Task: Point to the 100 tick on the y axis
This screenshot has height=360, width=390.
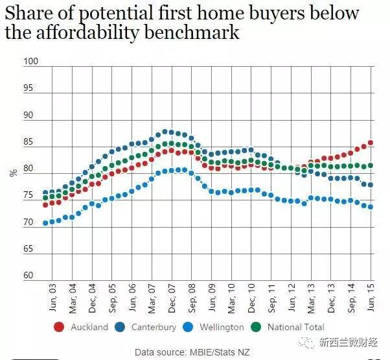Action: point(31,62)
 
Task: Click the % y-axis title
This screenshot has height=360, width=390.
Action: point(13,173)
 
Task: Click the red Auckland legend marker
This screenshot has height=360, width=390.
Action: point(59,327)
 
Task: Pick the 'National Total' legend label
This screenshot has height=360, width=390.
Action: point(295,328)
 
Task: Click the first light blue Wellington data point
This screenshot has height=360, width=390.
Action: point(45,223)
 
